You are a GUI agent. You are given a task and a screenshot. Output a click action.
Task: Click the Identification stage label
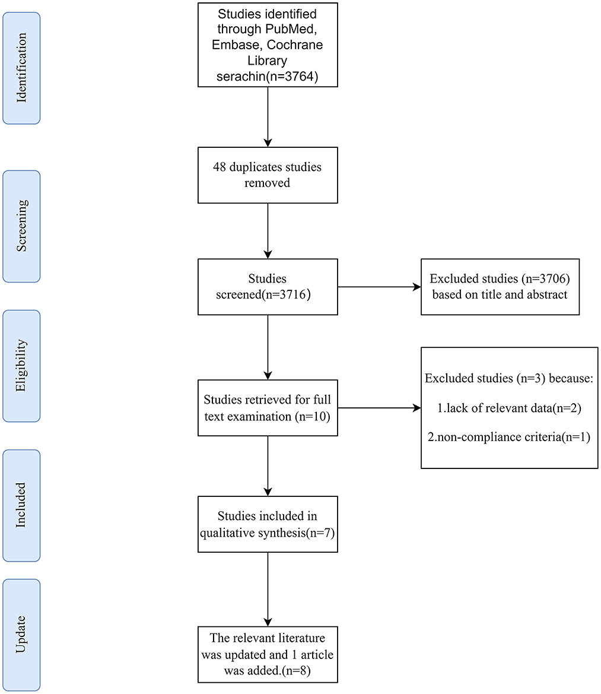point(21,68)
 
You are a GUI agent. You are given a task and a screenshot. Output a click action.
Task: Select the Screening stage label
point(21,226)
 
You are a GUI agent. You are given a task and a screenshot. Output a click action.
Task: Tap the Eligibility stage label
point(21,366)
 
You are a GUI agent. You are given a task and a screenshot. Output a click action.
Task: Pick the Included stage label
point(21,505)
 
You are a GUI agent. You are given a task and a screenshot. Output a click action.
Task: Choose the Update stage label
point(21,635)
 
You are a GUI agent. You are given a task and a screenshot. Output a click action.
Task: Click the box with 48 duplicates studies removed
point(268,175)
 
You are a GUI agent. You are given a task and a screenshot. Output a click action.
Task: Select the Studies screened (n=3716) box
point(268,287)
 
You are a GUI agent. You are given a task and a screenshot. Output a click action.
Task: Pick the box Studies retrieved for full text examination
point(268,408)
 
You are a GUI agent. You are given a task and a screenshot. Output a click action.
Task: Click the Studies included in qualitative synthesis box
point(268,524)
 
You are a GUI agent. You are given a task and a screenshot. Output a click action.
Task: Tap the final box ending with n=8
point(268,655)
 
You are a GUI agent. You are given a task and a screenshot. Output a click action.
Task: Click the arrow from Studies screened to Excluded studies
point(380,287)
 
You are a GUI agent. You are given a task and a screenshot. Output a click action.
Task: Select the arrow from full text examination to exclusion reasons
point(380,408)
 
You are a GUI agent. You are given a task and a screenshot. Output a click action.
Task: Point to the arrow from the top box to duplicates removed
point(268,117)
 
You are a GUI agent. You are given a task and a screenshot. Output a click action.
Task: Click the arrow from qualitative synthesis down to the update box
point(268,590)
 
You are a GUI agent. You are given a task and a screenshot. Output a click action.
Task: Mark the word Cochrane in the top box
point(295,45)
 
